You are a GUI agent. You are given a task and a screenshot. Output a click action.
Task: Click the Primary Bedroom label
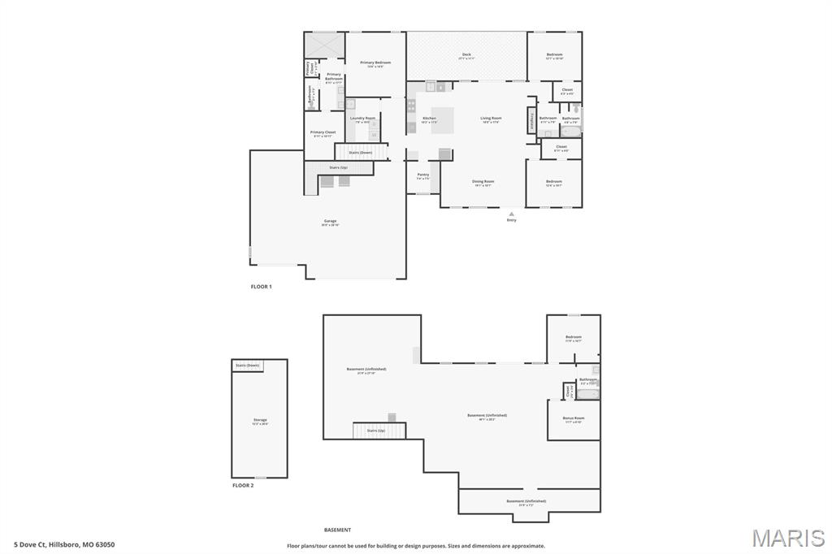(x=375, y=63)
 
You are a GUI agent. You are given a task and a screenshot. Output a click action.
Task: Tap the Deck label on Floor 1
(x=466, y=54)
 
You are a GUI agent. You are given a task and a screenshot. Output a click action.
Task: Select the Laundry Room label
(x=362, y=119)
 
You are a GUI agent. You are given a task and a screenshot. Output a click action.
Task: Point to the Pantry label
(x=423, y=174)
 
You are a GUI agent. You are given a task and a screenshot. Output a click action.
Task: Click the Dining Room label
(x=483, y=181)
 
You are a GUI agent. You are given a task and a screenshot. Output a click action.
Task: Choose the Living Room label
(x=491, y=119)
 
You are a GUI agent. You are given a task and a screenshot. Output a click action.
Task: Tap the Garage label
(x=330, y=221)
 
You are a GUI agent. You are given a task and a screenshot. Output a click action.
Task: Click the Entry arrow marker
(x=511, y=214)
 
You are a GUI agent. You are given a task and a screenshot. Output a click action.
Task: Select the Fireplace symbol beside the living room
(x=532, y=119)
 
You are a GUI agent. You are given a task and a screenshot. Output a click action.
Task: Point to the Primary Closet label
(x=323, y=132)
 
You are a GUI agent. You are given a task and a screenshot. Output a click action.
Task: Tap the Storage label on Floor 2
(x=259, y=420)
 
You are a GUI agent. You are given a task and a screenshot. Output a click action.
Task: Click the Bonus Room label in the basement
(x=573, y=418)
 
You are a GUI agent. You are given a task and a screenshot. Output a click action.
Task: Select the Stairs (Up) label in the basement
(x=375, y=431)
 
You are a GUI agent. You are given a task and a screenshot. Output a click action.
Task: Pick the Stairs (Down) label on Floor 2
(x=248, y=366)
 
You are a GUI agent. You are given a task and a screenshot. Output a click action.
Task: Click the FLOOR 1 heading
(x=261, y=287)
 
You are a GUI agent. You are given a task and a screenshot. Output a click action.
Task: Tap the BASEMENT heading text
(x=337, y=530)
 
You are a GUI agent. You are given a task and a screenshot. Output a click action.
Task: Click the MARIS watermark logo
(x=787, y=539)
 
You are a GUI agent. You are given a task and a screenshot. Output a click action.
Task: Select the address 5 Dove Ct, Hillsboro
(x=64, y=544)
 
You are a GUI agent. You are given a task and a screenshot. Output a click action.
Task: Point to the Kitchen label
(x=429, y=119)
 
